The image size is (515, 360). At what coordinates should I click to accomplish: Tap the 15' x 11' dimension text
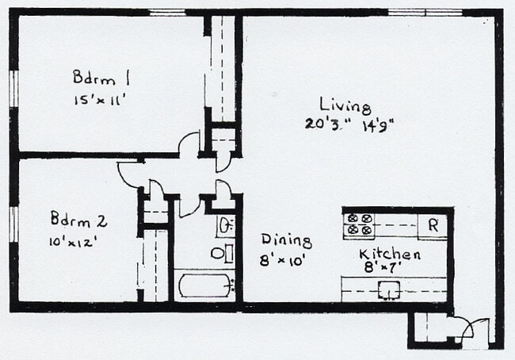pyautogui.click(x=100, y=100)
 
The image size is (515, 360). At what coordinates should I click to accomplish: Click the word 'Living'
pyautogui.click(x=345, y=105)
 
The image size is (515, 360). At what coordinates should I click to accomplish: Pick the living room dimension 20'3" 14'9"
pyautogui.click(x=349, y=124)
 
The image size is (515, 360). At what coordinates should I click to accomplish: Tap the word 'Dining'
pyautogui.click(x=286, y=240)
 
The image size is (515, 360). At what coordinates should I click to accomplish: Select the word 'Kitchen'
pyautogui.click(x=389, y=255)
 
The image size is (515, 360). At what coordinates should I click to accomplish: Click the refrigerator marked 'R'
pyautogui.click(x=433, y=225)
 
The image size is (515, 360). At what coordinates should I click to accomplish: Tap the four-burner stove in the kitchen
pyautogui.click(x=360, y=224)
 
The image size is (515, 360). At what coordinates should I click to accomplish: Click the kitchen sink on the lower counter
pyautogui.click(x=388, y=289)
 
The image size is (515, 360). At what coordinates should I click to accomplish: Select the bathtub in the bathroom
pyautogui.click(x=204, y=285)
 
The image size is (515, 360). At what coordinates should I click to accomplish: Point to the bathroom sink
pyautogui.click(x=225, y=225)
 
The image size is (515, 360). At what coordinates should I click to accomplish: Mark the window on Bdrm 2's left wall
pyautogui.click(x=13, y=223)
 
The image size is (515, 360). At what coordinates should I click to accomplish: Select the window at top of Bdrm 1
pyautogui.click(x=166, y=12)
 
